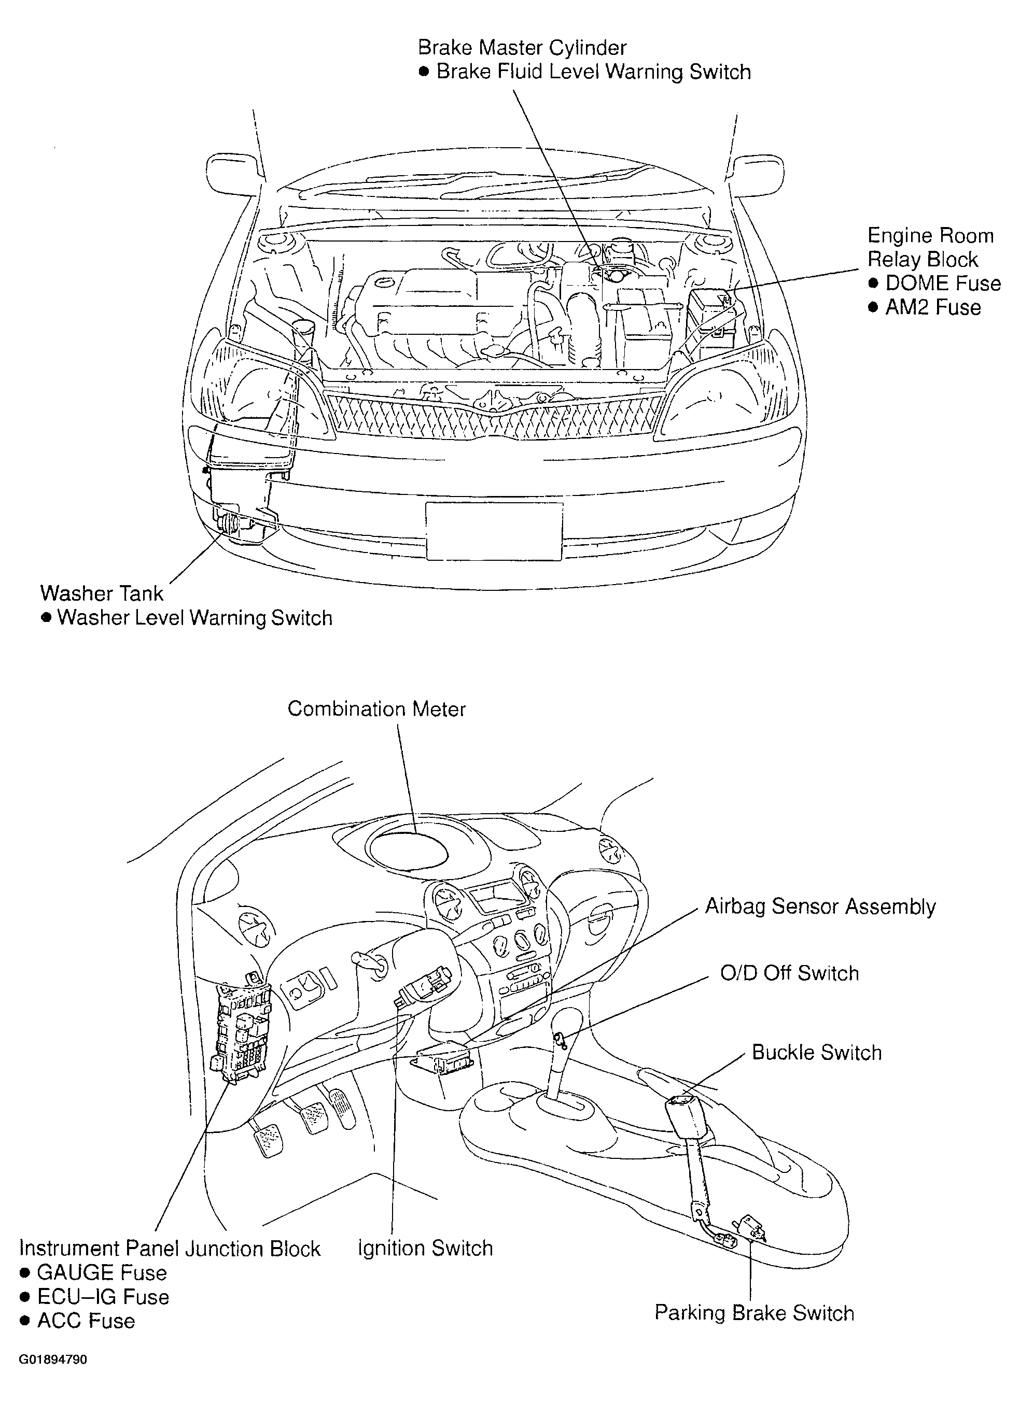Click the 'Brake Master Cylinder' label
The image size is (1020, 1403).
522,48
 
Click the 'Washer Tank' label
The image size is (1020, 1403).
102,593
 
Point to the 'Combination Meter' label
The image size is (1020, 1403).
376,709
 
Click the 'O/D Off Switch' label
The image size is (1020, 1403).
790,973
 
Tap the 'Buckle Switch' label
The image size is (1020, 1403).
816,1053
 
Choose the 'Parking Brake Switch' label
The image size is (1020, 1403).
754,1313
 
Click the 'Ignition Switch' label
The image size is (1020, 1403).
425,1249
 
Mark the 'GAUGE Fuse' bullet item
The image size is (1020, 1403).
93,1272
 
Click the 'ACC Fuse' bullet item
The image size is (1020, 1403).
77,1321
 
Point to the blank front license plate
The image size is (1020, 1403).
494,531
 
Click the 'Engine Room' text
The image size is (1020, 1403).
930,236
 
